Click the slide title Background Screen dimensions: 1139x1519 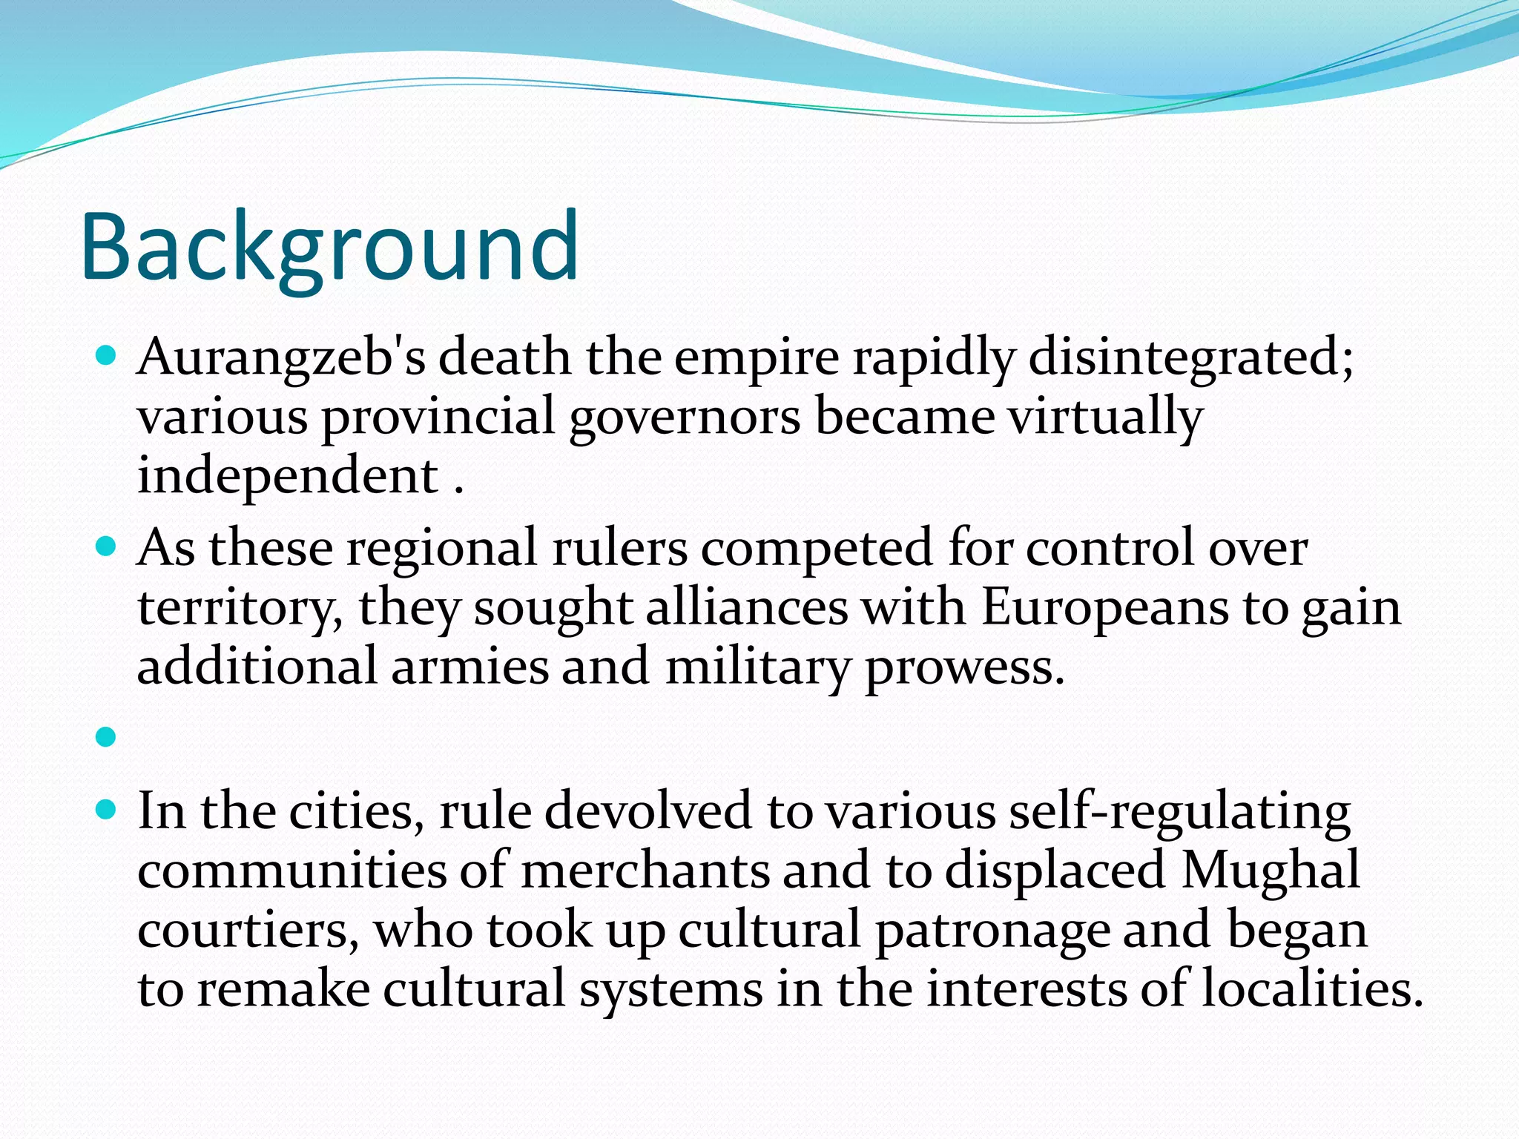click(330, 246)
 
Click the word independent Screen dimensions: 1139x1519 click(288, 476)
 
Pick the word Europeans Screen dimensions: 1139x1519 click(1104, 608)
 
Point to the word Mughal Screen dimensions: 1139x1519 click(1271, 870)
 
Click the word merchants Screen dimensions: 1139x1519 click(645, 870)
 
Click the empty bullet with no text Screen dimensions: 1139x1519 click(107, 737)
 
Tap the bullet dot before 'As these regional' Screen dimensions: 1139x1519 click(107, 548)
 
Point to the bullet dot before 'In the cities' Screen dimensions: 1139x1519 click(107, 810)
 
